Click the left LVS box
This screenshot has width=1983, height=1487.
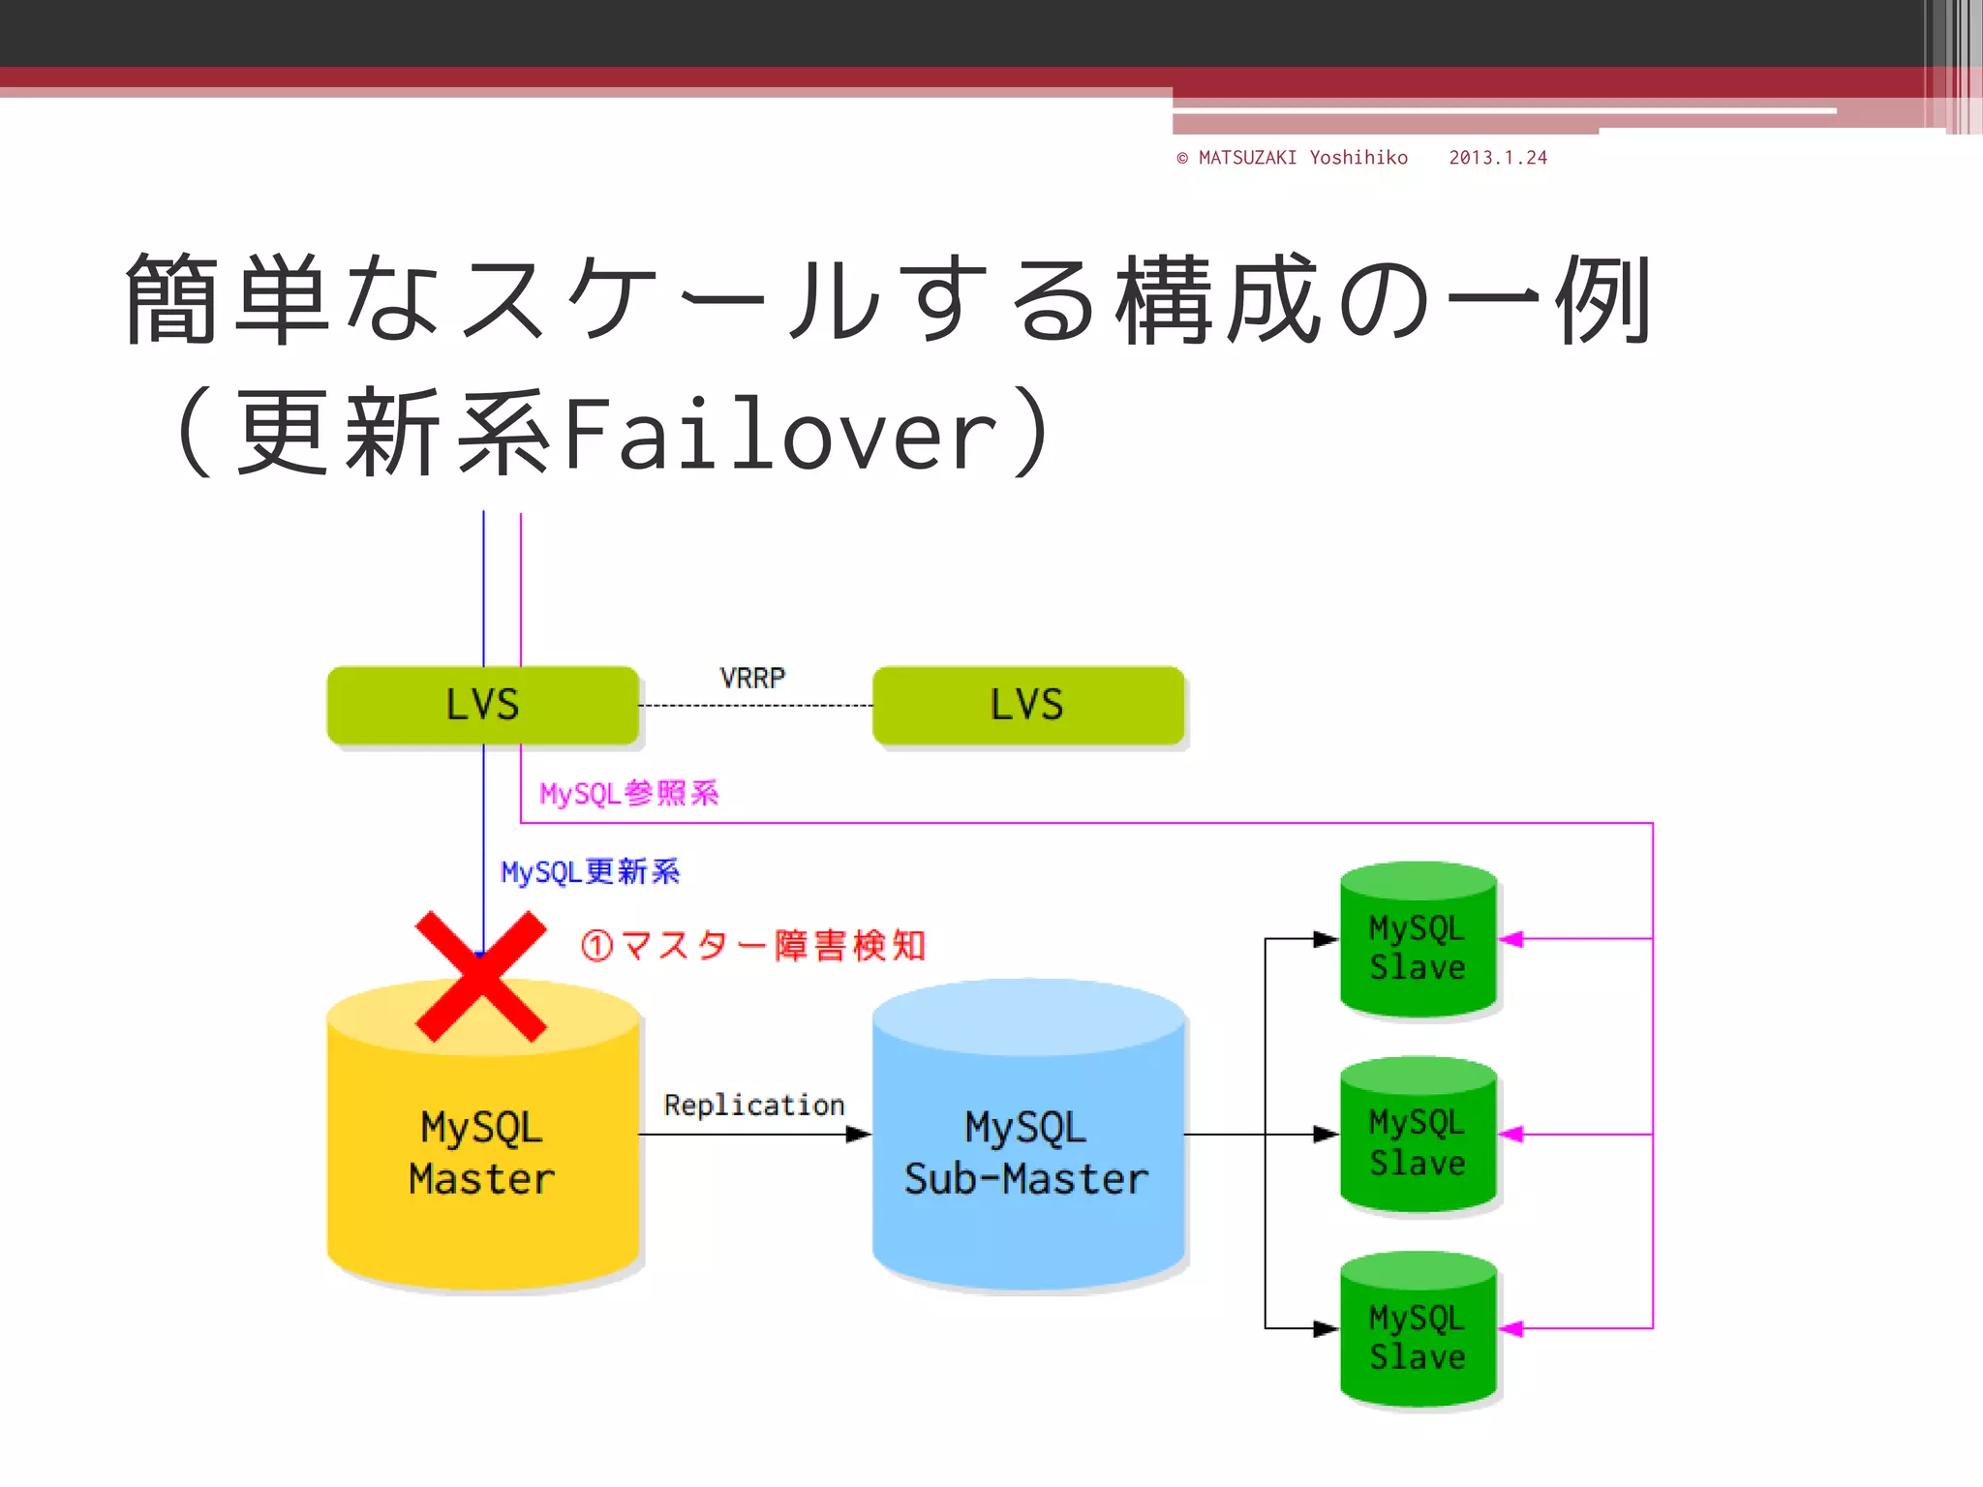click(482, 705)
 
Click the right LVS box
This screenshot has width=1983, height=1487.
click(1027, 705)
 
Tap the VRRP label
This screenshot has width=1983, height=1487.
click(752, 678)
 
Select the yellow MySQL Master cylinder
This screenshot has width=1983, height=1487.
click(482, 1162)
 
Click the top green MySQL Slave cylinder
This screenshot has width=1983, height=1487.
click(1418, 944)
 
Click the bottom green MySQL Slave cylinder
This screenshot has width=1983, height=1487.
click(1418, 1334)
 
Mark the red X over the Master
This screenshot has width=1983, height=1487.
click(481, 976)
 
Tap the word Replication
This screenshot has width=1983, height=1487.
click(753, 1105)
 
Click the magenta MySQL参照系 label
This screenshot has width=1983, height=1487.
click(628, 794)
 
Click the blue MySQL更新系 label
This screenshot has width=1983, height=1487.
click(590, 871)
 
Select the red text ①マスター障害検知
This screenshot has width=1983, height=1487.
click(753, 945)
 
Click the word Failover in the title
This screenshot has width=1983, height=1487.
click(779, 435)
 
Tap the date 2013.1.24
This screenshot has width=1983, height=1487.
click(1497, 158)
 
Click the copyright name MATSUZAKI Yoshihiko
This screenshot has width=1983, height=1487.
click(1302, 158)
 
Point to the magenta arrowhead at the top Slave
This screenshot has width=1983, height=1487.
click(1511, 939)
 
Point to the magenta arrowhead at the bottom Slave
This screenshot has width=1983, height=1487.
click(1511, 1329)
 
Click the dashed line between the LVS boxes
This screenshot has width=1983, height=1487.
click(755, 706)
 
